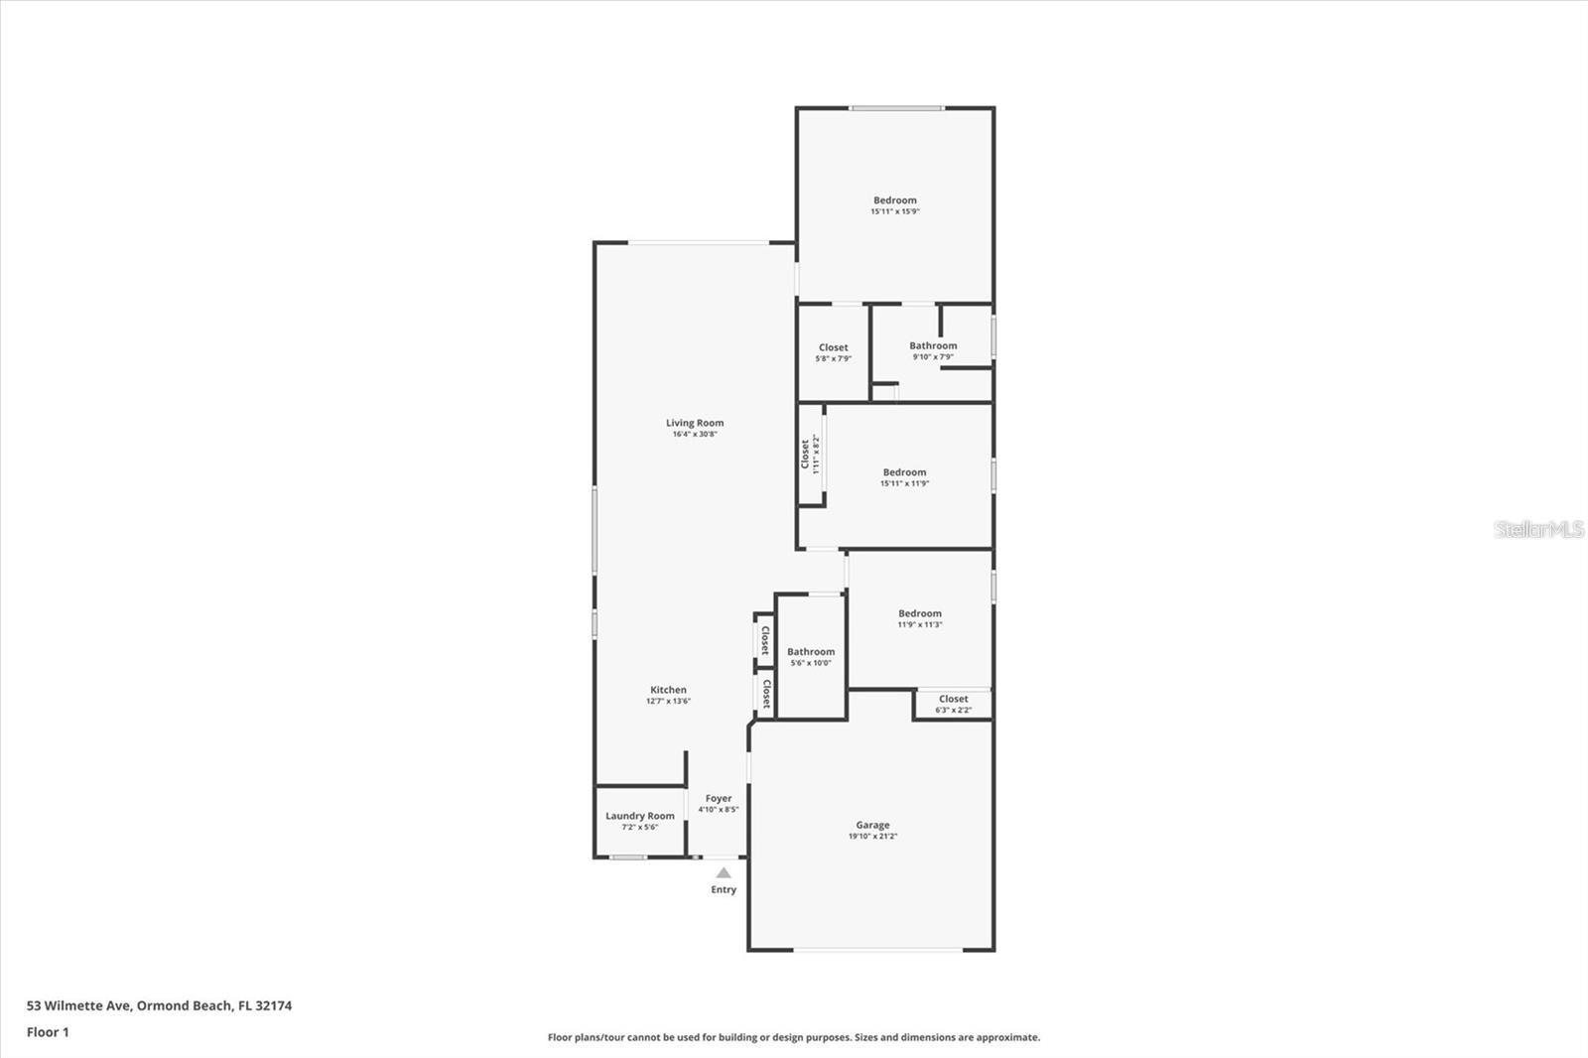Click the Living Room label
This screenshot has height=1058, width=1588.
point(695,423)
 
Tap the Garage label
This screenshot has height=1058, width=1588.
point(872,825)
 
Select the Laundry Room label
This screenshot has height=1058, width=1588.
point(640,816)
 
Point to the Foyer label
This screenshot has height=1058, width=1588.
point(719,798)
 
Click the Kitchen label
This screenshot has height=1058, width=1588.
point(668,690)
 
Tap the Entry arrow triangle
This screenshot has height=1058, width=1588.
point(724,873)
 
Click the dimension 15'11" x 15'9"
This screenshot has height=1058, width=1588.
point(895,211)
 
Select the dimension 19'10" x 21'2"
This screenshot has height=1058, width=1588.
point(872,837)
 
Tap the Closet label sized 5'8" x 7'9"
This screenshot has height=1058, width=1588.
point(833,347)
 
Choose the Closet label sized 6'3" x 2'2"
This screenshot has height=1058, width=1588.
point(953,699)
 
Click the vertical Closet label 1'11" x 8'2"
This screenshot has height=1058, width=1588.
point(805,455)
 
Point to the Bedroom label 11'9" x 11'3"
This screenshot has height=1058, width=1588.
point(920,613)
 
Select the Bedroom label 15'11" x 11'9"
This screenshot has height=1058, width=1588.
point(904,472)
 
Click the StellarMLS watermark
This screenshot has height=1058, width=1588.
point(1538,529)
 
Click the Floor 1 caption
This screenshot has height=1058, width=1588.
point(48,1032)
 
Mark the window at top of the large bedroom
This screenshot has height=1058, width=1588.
point(896,108)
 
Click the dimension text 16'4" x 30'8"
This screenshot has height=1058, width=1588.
point(695,435)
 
